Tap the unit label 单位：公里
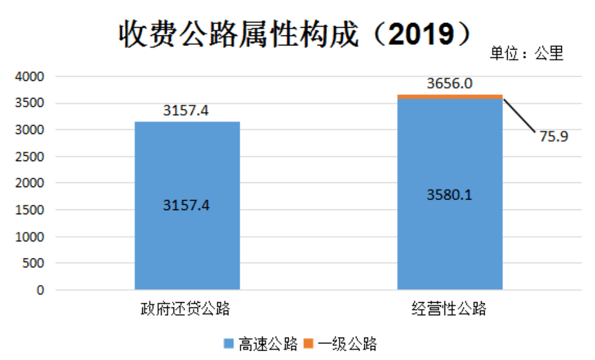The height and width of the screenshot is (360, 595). pos(527,54)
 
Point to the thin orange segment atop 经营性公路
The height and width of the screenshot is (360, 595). pos(450,97)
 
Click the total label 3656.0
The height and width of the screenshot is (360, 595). pos(450,83)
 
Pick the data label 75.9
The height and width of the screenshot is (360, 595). pos(553,136)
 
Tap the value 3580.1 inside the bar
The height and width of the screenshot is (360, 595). pos(450,194)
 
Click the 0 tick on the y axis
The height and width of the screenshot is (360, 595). pos(41,290)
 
